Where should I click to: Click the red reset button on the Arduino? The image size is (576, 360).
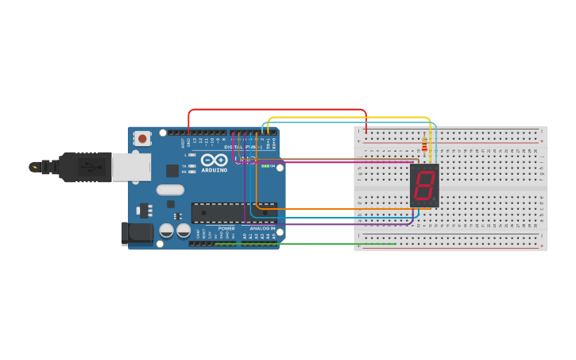click(x=142, y=138)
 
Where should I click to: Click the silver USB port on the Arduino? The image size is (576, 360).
click(x=130, y=167)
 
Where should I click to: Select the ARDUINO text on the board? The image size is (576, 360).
click(x=215, y=170)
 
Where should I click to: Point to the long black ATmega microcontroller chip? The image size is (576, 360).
click(x=234, y=212)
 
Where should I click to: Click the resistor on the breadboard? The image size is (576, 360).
click(x=424, y=145)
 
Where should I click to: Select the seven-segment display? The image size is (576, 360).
click(x=424, y=186)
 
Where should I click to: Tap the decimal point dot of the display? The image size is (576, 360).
click(x=435, y=199)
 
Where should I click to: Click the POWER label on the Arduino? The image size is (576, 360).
click(x=226, y=229)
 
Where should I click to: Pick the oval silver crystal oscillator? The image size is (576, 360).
click(x=170, y=190)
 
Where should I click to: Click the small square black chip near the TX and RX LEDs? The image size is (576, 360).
click(x=172, y=170)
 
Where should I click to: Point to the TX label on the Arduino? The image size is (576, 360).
click(x=184, y=166)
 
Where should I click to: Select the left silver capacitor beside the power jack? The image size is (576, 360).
click(x=167, y=230)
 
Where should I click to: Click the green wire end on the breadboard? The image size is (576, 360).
click(x=395, y=244)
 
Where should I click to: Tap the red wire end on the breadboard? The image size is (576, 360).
click(x=365, y=132)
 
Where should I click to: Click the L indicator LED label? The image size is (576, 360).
click(x=185, y=155)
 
